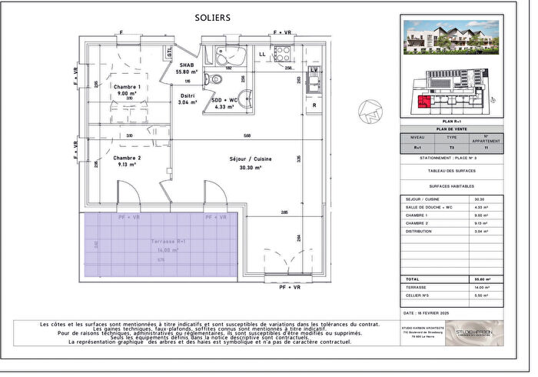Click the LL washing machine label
pos(262,54)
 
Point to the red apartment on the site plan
pos(422,102)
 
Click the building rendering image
pos(451,37)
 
